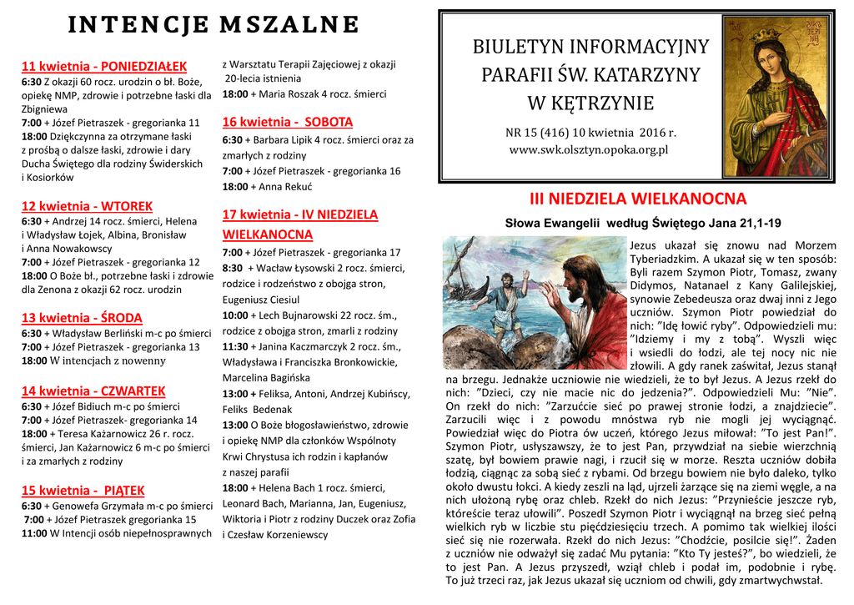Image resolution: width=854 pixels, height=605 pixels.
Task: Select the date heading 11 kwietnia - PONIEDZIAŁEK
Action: point(104,66)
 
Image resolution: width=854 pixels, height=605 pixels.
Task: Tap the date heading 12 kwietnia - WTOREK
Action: point(87,206)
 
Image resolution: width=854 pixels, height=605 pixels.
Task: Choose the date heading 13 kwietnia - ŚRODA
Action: point(82,318)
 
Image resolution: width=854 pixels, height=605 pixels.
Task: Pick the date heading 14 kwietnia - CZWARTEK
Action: point(93,391)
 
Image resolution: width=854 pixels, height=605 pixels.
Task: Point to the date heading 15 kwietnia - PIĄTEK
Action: point(83,490)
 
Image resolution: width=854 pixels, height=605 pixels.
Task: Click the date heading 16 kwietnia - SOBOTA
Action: point(288,122)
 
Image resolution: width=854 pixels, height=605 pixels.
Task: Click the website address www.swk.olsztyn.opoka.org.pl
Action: point(589,150)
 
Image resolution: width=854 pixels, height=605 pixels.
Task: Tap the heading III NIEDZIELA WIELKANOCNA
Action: point(638,199)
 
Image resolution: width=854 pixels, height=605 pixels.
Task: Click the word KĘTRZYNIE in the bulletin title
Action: point(590,104)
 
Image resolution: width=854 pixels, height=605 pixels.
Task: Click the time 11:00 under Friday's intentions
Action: point(34,534)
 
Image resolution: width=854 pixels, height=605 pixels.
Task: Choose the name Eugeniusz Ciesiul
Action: point(261,300)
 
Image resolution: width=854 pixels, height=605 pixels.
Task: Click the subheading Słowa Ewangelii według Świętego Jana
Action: point(643,223)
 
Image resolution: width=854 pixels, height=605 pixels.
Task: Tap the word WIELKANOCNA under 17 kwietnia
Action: point(267,234)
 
